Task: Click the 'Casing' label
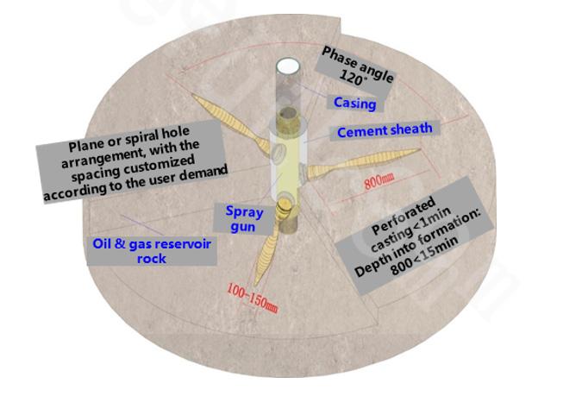354,104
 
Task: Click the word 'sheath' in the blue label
412,129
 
